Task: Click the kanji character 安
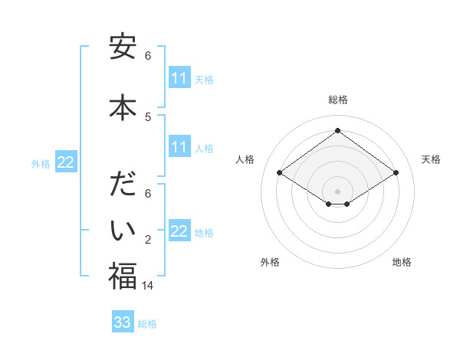123,48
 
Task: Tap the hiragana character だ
123,186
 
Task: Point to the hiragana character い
123,229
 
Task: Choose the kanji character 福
123,276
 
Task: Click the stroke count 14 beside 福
148,285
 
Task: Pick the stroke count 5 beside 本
148,116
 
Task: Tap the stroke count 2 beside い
148,241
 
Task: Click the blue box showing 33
123,322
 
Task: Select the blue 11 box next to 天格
179,78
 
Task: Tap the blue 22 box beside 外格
66,162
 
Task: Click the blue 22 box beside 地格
179,231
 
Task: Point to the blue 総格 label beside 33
147,324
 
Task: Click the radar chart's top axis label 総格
337,100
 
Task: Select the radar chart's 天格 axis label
431,159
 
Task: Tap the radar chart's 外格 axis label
270,262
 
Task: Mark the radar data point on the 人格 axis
280,173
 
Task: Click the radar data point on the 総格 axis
337,131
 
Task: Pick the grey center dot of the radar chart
337,191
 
